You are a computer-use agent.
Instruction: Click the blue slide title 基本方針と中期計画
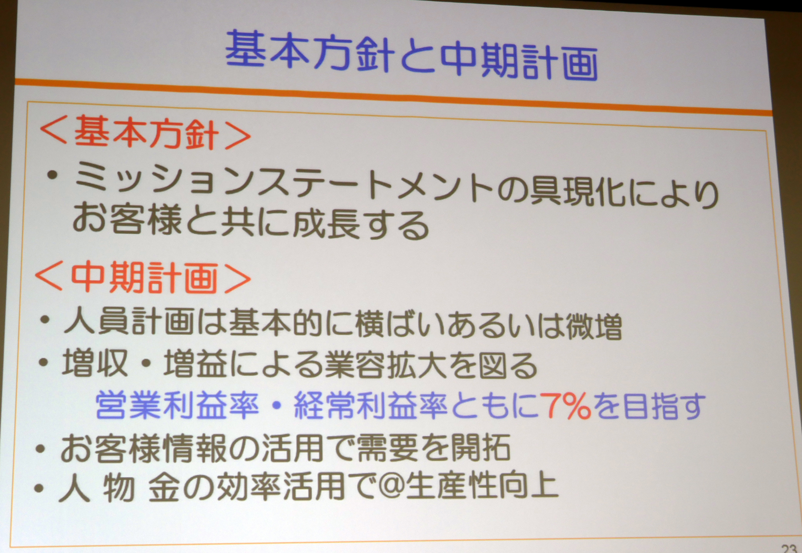(x=411, y=57)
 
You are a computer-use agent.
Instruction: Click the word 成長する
(x=360, y=224)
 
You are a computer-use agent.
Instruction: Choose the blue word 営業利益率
(x=177, y=405)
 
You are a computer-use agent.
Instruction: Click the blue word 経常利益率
(x=370, y=405)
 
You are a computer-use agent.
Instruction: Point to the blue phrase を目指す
(x=650, y=406)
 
